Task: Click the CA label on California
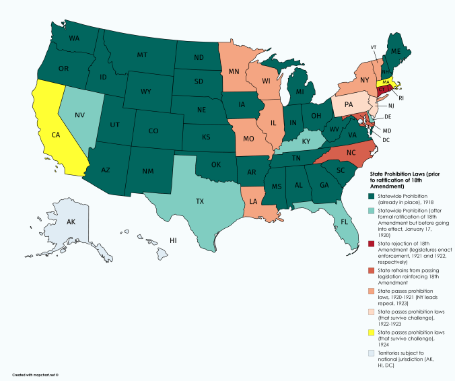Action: (57, 135)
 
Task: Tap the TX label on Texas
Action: (200, 201)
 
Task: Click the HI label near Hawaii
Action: (173, 240)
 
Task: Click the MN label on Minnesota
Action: (234, 70)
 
